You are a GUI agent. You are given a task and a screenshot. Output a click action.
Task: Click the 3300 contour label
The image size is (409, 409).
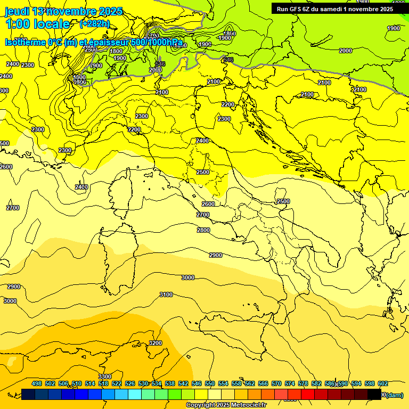click(105, 377)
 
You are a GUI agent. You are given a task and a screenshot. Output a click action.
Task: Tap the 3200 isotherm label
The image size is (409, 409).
click(156, 343)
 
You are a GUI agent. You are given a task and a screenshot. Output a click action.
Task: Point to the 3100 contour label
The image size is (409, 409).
click(166, 295)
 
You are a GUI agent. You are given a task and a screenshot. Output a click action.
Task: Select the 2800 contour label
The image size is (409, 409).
click(203, 230)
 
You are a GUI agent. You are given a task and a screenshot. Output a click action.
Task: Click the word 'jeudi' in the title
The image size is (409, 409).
click(17, 11)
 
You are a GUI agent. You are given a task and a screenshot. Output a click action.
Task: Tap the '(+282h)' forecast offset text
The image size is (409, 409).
click(94, 24)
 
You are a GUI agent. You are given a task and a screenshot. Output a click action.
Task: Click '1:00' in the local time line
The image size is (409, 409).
click(17, 24)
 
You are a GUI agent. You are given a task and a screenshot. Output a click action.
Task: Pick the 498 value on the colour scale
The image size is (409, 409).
click(37, 383)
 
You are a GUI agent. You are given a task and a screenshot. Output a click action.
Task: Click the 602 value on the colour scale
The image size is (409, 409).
click(382, 383)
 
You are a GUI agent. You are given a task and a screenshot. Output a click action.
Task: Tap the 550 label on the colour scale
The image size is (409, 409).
click(210, 383)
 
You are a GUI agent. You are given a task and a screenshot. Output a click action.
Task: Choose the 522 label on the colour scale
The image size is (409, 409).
click(117, 383)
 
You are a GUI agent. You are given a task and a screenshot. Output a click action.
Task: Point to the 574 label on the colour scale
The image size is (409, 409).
click(290, 383)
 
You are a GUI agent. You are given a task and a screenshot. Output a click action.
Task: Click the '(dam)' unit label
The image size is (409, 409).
click(395, 395)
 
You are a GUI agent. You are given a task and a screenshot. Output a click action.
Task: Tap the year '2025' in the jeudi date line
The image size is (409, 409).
click(109, 11)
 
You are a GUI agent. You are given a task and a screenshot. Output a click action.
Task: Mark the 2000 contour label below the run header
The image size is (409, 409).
click(345, 51)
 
